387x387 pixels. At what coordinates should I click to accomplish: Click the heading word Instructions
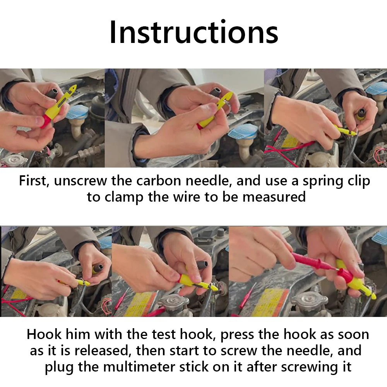pyautogui.click(x=194, y=32)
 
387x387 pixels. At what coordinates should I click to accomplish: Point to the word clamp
pyautogui.click(x=124, y=197)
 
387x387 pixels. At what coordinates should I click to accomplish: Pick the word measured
pyautogui.click(x=274, y=197)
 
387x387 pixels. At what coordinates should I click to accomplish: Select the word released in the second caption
pyautogui.click(x=102, y=351)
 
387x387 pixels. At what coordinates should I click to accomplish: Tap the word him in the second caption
pyautogui.click(x=78, y=334)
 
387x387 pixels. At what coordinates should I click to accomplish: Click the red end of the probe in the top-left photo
pyautogui.click(x=45, y=121)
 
